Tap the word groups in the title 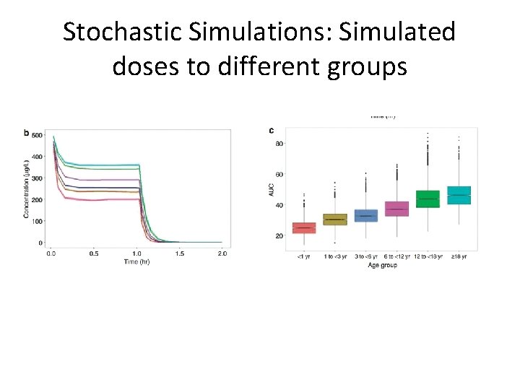(366, 66)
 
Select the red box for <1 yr (304, 227)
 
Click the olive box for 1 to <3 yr (334, 219)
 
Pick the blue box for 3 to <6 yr (365, 215)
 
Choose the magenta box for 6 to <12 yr (396, 209)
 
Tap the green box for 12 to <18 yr (428, 199)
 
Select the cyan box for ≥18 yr (459, 194)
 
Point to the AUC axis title (272, 189)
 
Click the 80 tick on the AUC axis (279, 144)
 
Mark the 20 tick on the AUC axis (279, 236)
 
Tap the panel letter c (271, 131)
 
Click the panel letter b (27, 132)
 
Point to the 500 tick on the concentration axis (37, 135)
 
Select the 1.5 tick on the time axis (179, 253)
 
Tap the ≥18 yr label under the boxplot (459, 256)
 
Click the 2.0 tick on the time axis (222, 253)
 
